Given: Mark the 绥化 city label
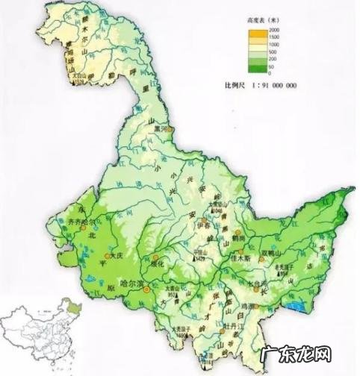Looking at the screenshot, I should click(155, 263).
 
